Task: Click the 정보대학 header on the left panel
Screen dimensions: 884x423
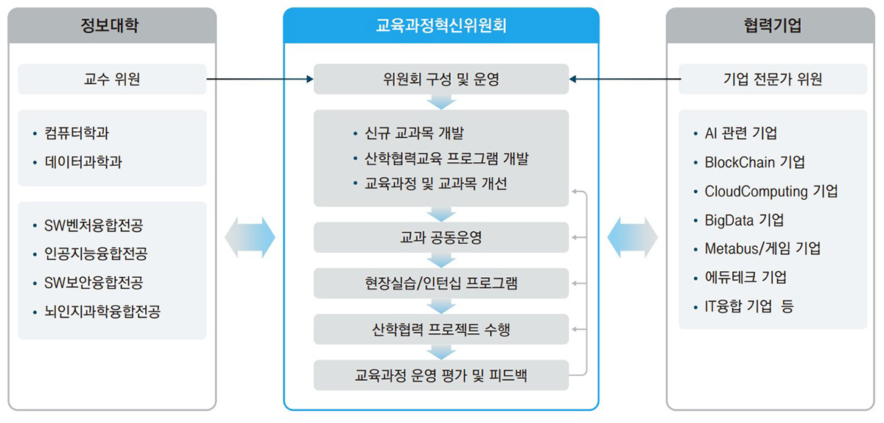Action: coord(112,25)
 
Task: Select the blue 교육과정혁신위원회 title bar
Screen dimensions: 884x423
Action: coord(441,25)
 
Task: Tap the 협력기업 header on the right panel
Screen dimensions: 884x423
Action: coord(771,25)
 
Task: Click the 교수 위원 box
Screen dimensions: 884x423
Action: coord(112,79)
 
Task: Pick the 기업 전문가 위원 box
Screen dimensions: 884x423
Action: coord(773,79)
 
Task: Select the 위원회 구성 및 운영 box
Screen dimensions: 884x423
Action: coord(441,79)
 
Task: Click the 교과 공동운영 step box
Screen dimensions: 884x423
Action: coord(441,237)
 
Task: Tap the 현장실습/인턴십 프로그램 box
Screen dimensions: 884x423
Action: coord(441,283)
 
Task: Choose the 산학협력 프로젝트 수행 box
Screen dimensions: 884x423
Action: coord(441,329)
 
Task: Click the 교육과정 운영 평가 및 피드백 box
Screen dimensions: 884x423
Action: coord(441,375)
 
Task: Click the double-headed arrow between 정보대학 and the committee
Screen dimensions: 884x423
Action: coord(250,237)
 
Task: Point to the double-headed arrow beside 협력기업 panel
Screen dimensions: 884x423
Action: coord(633,237)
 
